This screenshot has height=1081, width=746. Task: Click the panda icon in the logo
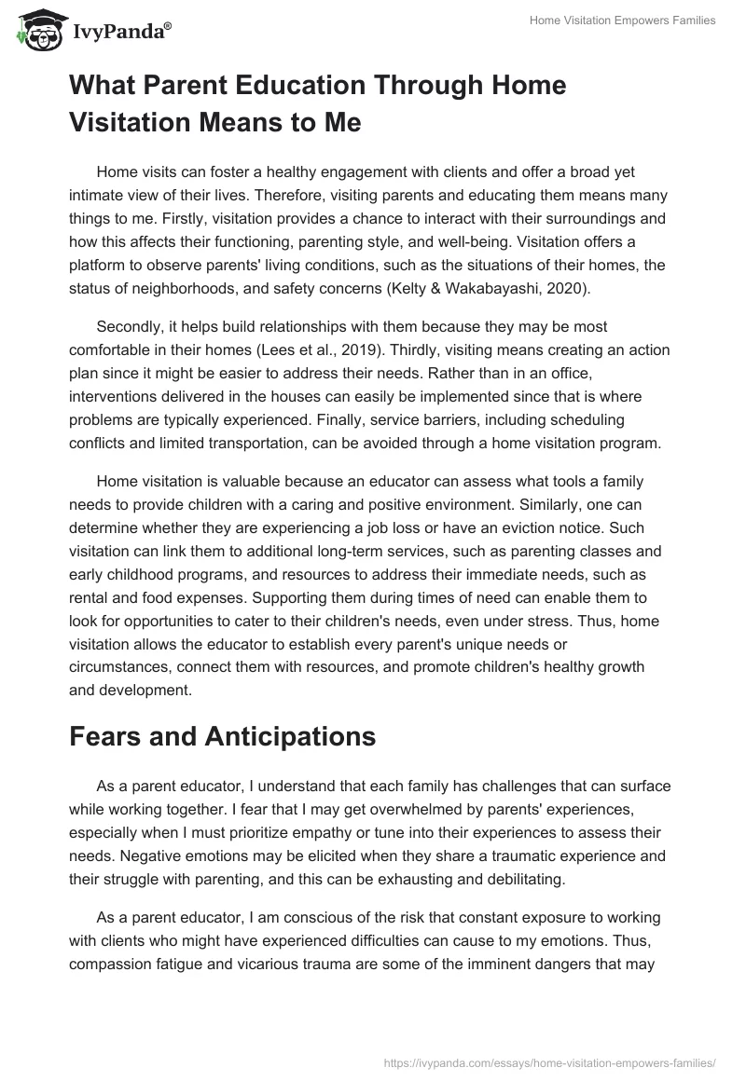(x=35, y=31)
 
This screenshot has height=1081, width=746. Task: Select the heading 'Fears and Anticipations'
(x=222, y=736)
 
